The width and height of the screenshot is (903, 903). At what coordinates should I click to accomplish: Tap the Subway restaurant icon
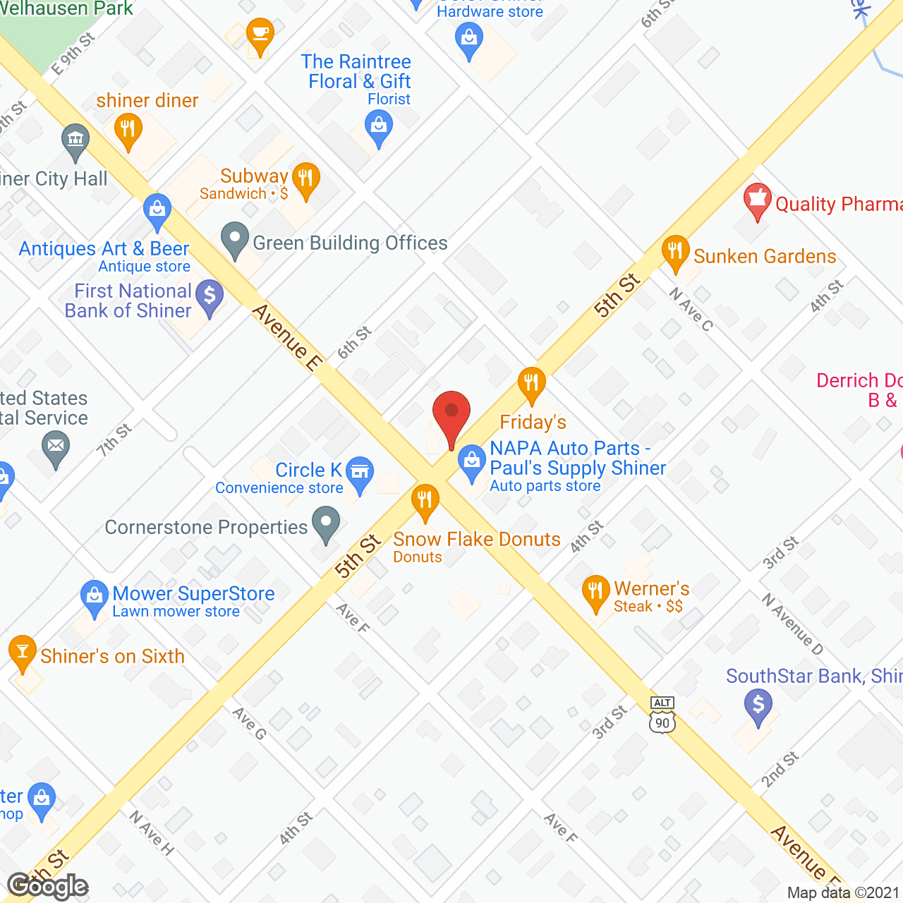(305, 178)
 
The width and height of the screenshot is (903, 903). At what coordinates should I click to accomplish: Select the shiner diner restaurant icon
(128, 131)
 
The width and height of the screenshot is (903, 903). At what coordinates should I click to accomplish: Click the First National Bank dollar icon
(210, 297)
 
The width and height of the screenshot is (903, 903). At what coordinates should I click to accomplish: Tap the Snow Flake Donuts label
(477, 540)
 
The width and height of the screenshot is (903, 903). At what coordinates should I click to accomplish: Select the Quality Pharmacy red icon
(757, 200)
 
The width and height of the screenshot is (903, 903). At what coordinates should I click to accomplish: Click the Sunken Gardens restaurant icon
(675, 252)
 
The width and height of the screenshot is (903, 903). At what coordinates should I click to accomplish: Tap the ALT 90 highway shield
(662, 715)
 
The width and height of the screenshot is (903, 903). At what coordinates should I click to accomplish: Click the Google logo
(47, 885)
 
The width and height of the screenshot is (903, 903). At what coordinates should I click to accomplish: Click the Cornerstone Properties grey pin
(326, 526)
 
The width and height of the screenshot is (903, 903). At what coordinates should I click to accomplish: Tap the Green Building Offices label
(350, 243)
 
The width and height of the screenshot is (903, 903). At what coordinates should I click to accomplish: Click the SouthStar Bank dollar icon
(758, 706)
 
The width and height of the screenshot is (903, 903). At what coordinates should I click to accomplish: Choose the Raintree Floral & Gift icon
(379, 128)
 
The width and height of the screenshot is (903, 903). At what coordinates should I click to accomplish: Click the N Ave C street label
(691, 309)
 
